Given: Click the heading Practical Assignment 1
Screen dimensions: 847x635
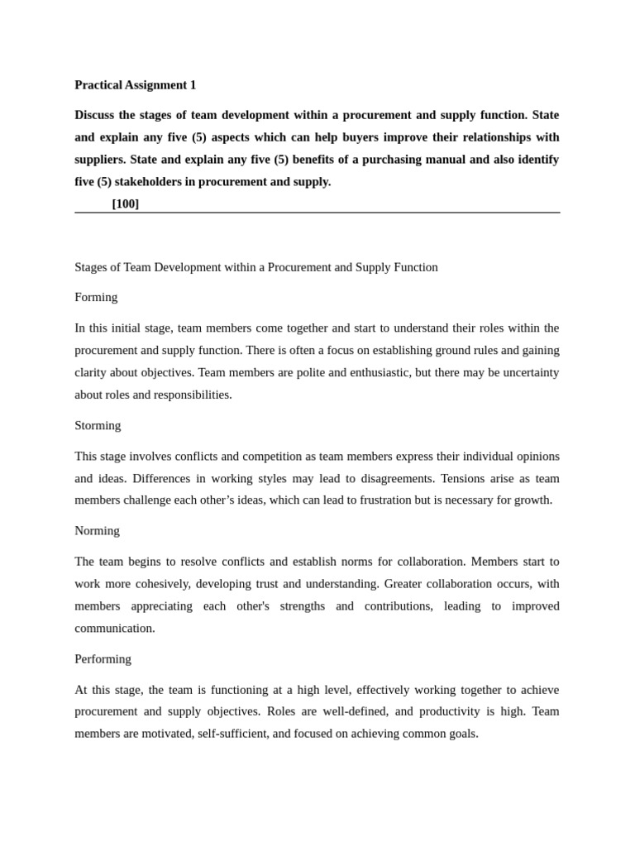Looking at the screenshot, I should (136, 84).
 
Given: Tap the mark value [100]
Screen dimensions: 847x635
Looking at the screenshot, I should (126, 203).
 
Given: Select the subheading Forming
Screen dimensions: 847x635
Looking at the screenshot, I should (96, 297).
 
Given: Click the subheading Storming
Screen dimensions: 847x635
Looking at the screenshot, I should (98, 425).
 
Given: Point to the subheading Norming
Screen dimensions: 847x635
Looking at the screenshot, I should (97, 530).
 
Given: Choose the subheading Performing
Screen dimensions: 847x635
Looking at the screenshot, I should (103, 658).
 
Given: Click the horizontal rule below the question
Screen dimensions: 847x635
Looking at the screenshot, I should (317, 213).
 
